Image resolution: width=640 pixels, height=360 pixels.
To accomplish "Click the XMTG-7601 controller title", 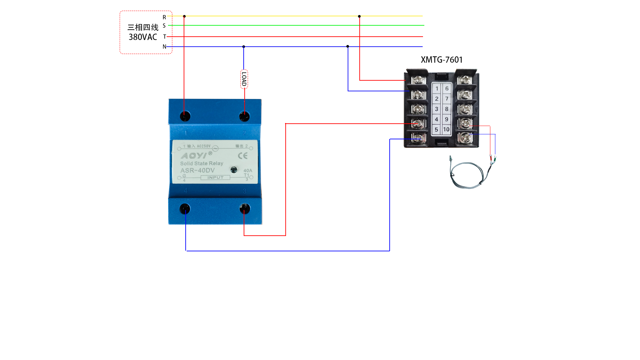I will pyautogui.click(x=442, y=60).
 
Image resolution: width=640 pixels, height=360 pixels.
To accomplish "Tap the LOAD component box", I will pyautogui.click(x=244, y=79).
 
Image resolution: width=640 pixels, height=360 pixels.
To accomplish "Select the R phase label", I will pyautogui.click(x=164, y=17).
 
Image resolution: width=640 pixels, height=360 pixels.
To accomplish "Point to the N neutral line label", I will pyautogui.click(x=164, y=47).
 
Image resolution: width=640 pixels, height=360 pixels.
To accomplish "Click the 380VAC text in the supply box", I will pyautogui.click(x=143, y=37).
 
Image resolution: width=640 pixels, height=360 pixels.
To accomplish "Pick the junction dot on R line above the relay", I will pyautogui.click(x=184, y=16).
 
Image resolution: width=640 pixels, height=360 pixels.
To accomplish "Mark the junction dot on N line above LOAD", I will pyautogui.click(x=244, y=47).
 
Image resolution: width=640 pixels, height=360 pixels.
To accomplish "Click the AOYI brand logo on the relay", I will pyautogui.click(x=194, y=156).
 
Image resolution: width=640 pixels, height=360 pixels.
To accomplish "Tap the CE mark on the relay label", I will pyautogui.click(x=243, y=156).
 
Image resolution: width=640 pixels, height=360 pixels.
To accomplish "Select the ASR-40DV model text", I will pyautogui.click(x=197, y=170).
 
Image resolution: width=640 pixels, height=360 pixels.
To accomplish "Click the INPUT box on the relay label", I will pyautogui.click(x=215, y=178).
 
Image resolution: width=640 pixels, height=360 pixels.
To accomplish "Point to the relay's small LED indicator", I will pyautogui.click(x=234, y=170).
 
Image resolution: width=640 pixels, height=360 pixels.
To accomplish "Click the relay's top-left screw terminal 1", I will pyautogui.click(x=185, y=116).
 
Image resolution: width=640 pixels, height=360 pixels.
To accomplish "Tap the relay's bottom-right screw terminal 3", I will pyautogui.click(x=245, y=209).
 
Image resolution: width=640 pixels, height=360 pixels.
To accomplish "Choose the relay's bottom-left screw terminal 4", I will pyautogui.click(x=185, y=209).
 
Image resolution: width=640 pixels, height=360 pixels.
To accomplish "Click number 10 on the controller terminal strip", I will pyautogui.click(x=446, y=130).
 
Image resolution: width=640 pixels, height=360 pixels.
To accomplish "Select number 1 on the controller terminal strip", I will pyautogui.click(x=437, y=89).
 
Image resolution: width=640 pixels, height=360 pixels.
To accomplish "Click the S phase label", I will pyautogui.click(x=164, y=26).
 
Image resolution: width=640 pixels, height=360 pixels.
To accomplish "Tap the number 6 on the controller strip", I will pyautogui.click(x=447, y=89).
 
